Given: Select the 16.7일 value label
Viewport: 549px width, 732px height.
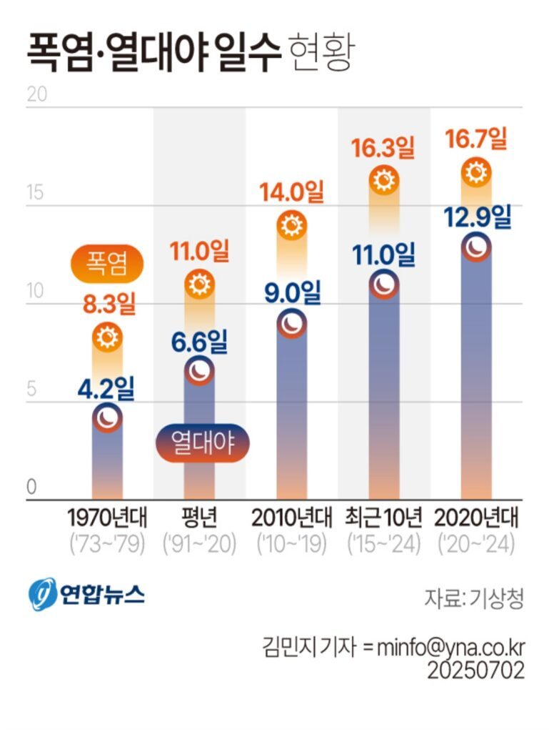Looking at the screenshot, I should pyautogui.click(x=476, y=139).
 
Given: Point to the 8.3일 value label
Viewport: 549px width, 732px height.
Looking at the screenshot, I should pyautogui.click(x=109, y=305).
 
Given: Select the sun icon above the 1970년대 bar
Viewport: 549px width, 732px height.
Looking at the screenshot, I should pyautogui.click(x=107, y=337).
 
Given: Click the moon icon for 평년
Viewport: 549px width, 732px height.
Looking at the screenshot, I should pyautogui.click(x=199, y=371).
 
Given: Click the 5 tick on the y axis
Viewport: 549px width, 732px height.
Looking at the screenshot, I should pyautogui.click(x=31, y=390).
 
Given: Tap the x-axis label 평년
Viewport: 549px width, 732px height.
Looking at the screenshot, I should pyautogui.click(x=199, y=517).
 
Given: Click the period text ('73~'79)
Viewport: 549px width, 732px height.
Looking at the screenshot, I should pyautogui.click(x=107, y=544).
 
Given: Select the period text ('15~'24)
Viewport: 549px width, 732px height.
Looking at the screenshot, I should pyautogui.click(x=385, y=544).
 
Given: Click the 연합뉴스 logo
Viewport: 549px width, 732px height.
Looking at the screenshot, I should pyautogui.click(x=86, y=594).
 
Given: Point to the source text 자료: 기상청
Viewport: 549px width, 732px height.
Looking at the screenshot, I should pyautogui.click(x=474, y=598).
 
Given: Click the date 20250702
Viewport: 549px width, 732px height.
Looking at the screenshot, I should pyautogui.click(x=476, y=671).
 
